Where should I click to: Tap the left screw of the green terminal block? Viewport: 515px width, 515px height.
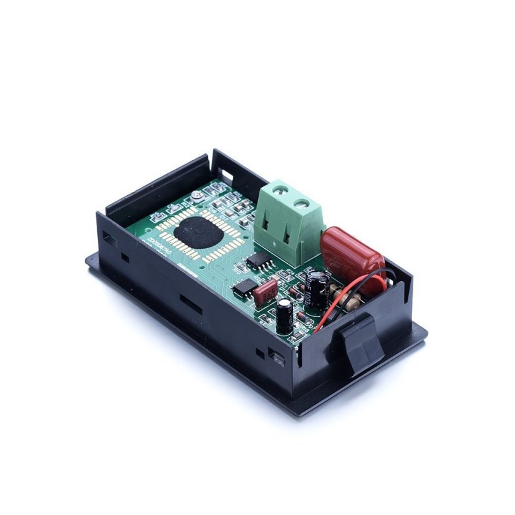pos(279,187)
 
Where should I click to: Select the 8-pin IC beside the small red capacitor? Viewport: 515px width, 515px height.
pos(246,286)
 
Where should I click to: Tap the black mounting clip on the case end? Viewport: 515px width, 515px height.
pos(362,344)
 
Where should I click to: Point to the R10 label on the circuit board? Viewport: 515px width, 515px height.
pos(238,269)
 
